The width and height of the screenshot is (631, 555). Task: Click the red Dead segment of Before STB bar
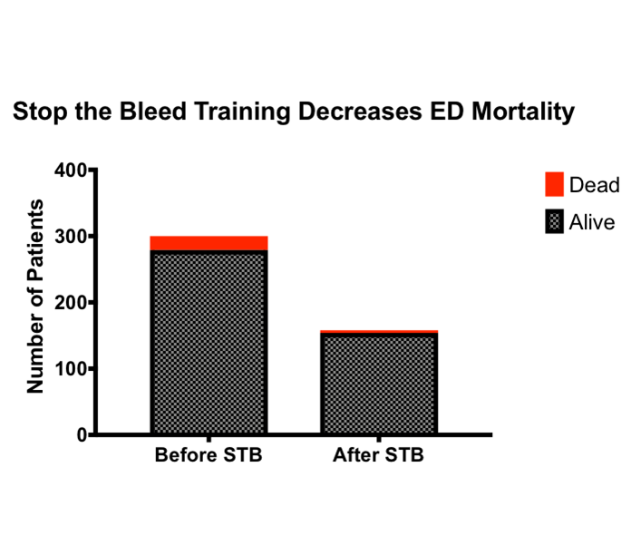click(209, 243)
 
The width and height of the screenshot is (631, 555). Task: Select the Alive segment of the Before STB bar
click(209, 342)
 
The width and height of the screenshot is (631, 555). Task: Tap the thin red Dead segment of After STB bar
click(379, 332)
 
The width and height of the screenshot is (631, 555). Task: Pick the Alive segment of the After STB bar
click(379, 384)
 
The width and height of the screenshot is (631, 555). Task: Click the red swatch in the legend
click(554, 184)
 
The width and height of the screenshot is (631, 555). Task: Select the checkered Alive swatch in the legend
click(554, 221)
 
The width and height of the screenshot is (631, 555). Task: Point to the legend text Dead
click(595, 185)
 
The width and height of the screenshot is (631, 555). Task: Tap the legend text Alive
click(592, 222)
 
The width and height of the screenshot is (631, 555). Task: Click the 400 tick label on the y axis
click(71, 170)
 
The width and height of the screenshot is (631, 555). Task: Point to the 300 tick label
click(71, 237)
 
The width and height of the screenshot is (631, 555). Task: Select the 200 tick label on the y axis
click(71, 303)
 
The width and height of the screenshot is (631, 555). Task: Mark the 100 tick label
click(71, 369)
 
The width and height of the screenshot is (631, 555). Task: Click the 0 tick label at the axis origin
click(83, 435)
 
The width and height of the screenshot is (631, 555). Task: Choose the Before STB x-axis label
click(209, 455)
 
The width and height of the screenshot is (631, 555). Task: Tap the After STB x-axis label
click(378, 455)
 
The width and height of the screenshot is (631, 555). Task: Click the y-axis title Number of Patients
click(35, 296)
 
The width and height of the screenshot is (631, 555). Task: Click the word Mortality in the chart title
click(523, 112)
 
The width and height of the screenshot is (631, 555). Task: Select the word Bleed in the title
click(153, 111)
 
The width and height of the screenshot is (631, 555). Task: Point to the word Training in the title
click(242, 112)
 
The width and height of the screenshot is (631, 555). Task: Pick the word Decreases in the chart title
click(360, 111)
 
